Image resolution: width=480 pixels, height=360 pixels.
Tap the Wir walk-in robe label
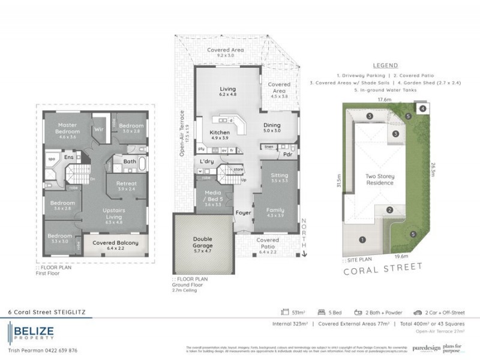click(98, 128)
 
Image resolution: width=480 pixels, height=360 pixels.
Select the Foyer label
click(242, 212)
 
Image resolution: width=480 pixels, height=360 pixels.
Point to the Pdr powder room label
click(287, 153)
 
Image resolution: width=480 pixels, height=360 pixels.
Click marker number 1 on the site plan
click(362, 239)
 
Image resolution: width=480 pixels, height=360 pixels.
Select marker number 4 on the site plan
click(423, 109)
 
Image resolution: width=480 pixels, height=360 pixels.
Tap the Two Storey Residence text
click(380, 179)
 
